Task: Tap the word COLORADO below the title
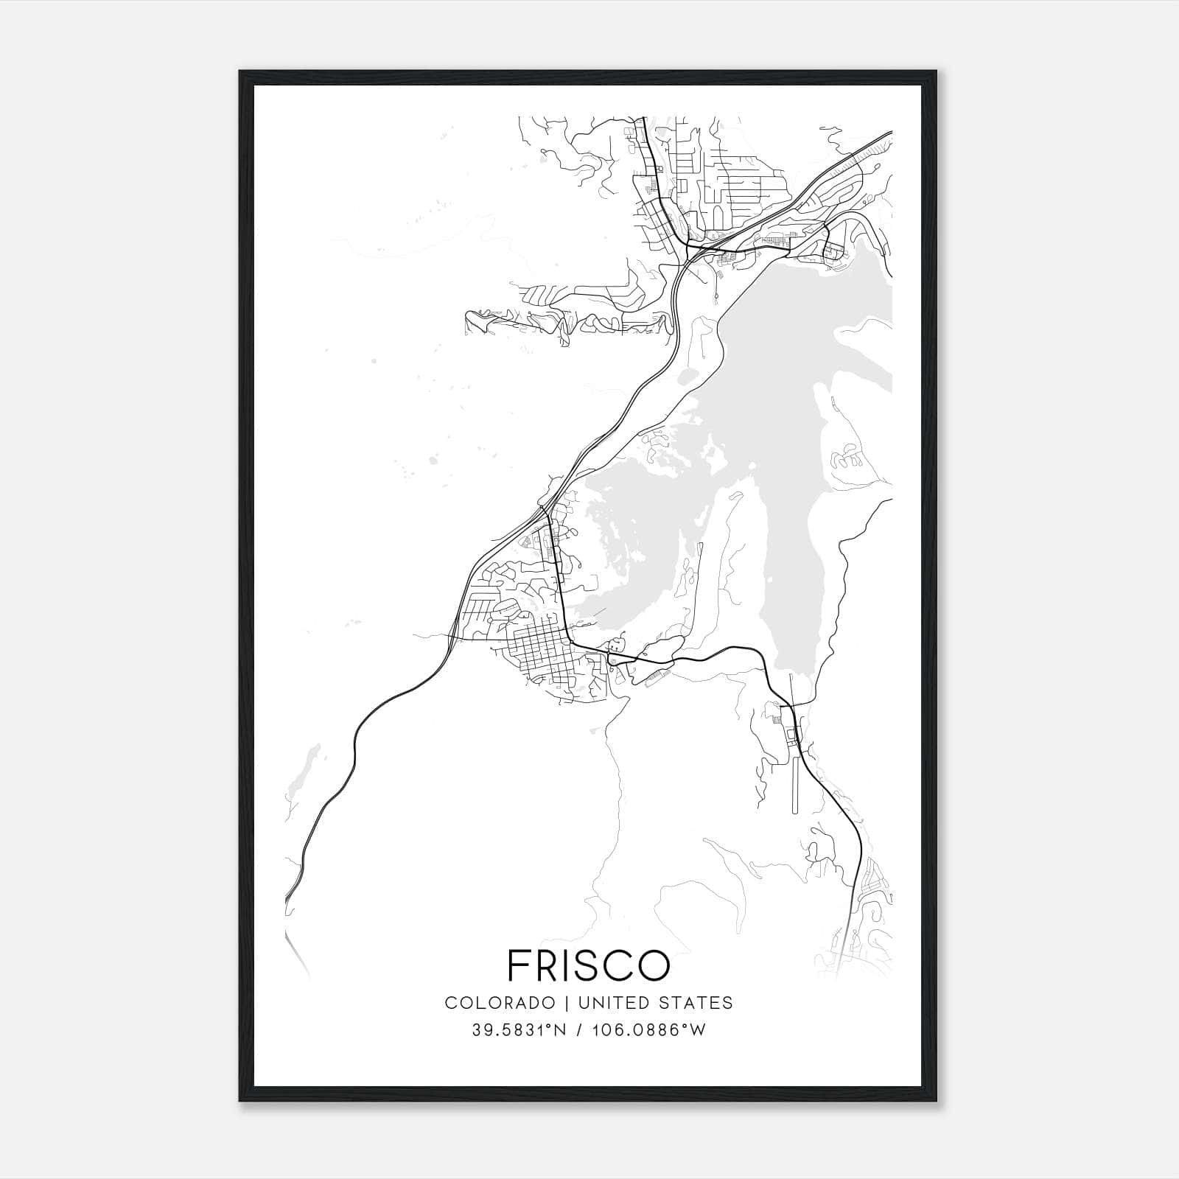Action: [499, 1003]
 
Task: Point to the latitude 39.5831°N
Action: [519, 1030]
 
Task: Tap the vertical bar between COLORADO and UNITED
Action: [567, 1003]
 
